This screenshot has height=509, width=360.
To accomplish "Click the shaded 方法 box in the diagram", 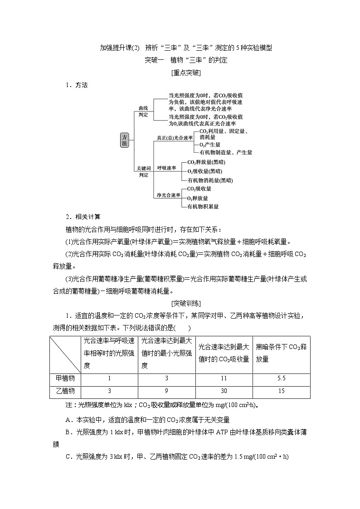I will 125,141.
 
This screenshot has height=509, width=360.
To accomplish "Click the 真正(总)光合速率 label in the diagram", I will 175,137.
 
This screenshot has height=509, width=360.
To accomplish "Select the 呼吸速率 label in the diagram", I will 166,167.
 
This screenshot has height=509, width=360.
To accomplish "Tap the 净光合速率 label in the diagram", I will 168,195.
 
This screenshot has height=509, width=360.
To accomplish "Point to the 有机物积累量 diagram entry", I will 203,206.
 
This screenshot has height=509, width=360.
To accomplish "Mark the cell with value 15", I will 281,391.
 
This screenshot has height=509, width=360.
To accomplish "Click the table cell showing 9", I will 166,391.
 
